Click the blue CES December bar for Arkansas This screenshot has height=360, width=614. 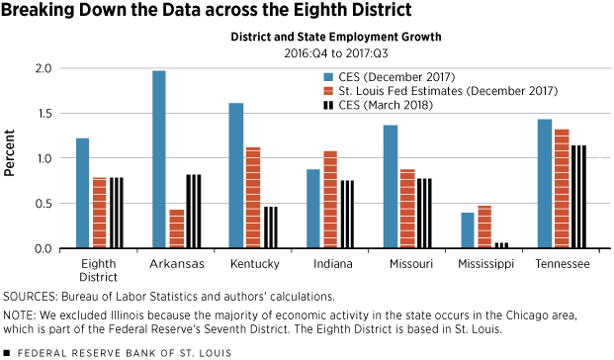coord(158,159)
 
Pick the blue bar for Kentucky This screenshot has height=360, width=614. coord(235,175)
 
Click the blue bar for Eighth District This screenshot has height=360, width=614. coord(82,193)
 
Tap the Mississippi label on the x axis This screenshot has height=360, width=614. coord(484,265)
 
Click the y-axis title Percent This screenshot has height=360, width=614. coord(10,158)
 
